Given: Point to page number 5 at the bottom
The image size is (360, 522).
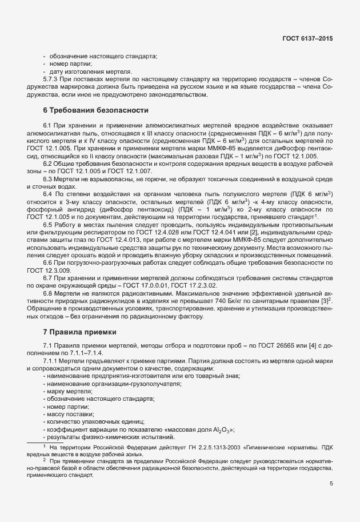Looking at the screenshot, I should [331, 483].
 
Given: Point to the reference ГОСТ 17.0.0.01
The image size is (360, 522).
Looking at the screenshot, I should [145, 285].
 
